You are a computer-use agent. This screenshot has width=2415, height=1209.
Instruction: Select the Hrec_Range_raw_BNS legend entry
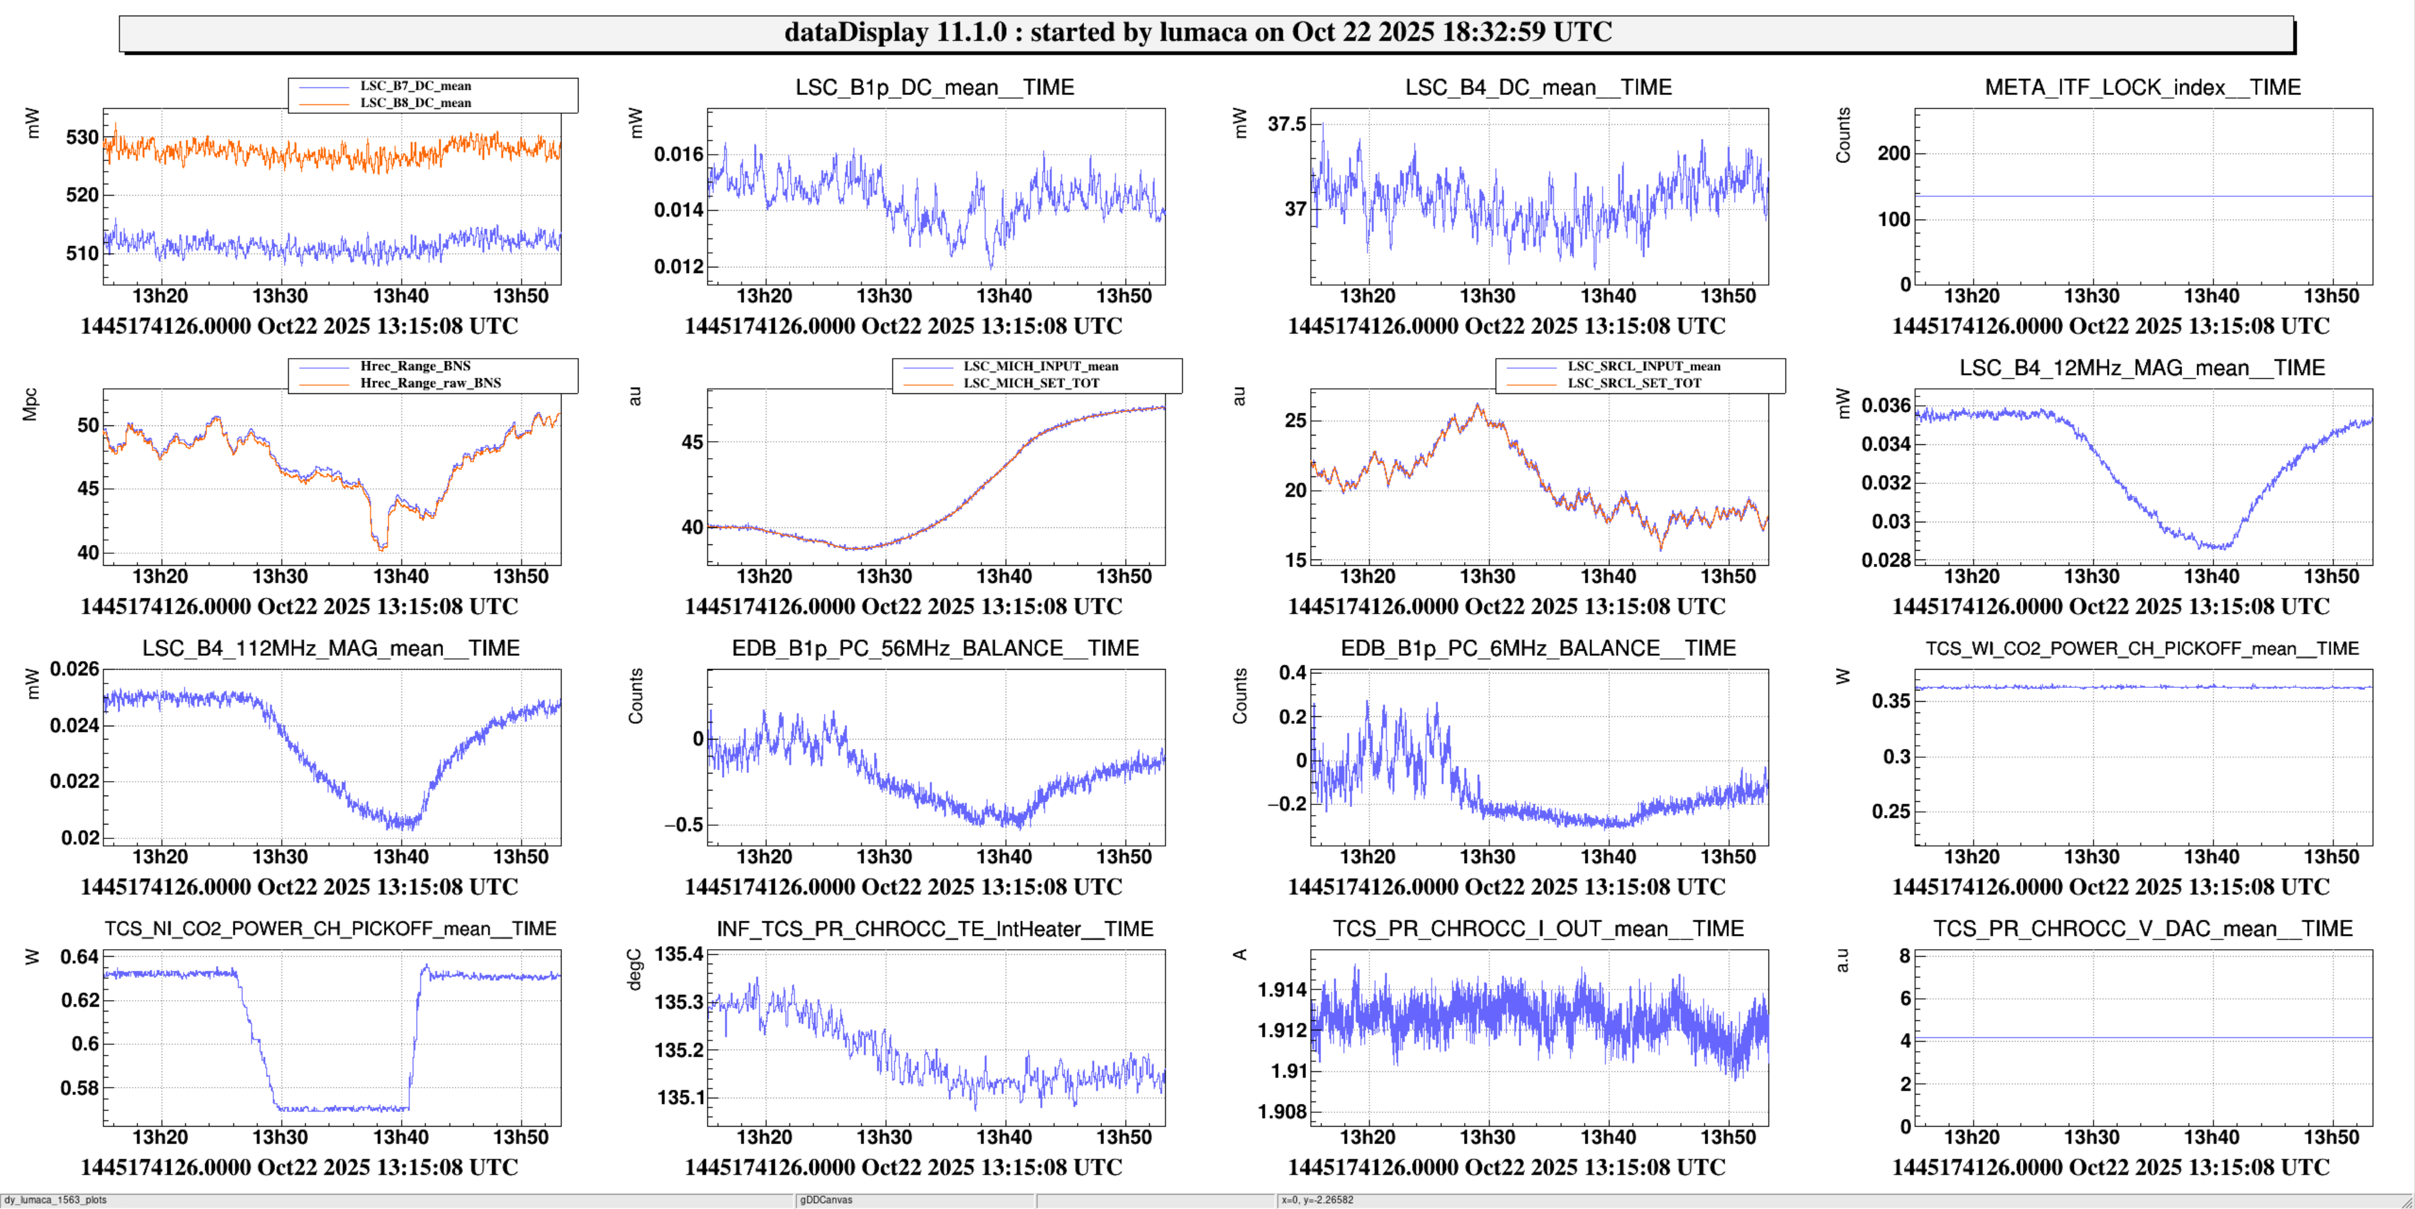point(431,383)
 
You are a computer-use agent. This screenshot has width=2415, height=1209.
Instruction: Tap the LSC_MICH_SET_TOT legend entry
point(1031,383)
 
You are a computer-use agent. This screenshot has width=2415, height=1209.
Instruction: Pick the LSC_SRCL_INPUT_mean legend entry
point(1643,366)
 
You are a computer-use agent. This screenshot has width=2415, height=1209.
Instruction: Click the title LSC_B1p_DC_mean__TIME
point(935,87)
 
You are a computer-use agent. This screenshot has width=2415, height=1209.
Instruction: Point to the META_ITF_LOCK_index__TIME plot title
point(2142,87)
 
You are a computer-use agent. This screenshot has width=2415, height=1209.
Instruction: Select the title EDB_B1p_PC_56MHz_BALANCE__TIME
point(935,648)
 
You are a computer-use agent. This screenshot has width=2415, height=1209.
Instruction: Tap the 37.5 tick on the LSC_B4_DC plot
point(1286,124)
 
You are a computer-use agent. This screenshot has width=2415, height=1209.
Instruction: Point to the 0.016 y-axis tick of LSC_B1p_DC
point(678,154)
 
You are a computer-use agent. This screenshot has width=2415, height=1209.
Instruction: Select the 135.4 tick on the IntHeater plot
point(678,954)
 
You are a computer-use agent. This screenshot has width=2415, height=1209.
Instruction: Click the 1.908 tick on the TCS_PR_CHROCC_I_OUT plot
point(1281,1111)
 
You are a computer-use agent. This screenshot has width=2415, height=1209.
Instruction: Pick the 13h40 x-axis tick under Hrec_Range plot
point(400,576)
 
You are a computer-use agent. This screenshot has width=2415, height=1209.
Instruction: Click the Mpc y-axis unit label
point(31,404)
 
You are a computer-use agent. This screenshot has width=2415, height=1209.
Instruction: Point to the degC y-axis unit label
point(634,969)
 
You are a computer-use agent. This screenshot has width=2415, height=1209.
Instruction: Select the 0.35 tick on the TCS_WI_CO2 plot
point(1890,701)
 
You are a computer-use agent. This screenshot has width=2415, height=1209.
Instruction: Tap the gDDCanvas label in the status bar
point(826,1200)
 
